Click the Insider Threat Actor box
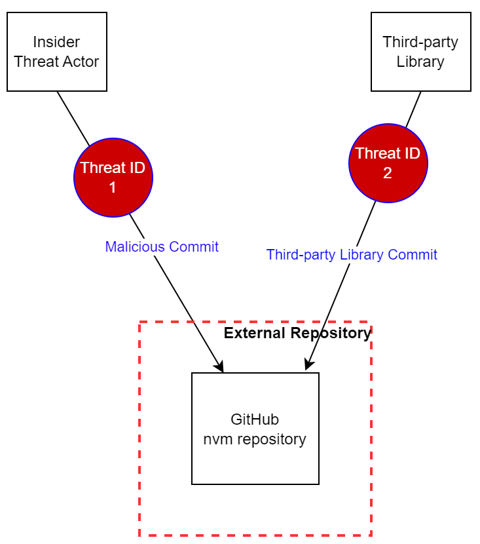coord(56,52)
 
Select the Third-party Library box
coord(420,52)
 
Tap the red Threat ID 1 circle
coord(113,177)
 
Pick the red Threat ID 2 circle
coord(388,163)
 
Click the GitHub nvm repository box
coord(255,429)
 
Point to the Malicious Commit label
coord(162,247)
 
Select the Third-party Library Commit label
coord(352,255)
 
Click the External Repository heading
coord(297,334)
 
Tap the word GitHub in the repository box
coord(255,419)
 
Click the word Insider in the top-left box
coord(56,43)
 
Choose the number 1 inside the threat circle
coord(112,187)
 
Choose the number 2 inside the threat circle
coord(388,174)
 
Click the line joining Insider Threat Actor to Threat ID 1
coord(73,118)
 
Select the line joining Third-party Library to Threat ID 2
coord(413,109)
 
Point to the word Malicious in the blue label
coord(135,247)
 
